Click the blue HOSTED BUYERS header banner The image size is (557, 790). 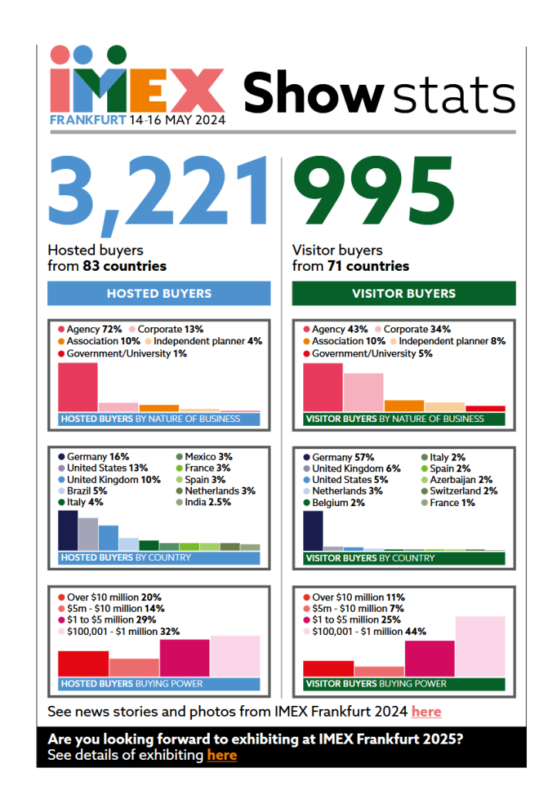tap(159, 293)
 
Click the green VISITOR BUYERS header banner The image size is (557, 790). tap(403, 293)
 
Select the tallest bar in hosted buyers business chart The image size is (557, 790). tap(78, 387)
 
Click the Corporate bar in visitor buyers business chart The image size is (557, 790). tap(363, 392)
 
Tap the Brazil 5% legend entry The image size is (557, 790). tap(87, 491)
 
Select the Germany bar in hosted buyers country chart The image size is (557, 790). tap(68, 530)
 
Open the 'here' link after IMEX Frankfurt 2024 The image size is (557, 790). tap(427, 711)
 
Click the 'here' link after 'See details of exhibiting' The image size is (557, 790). tap(221, 755)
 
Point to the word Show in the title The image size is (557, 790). tap(313, 94)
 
